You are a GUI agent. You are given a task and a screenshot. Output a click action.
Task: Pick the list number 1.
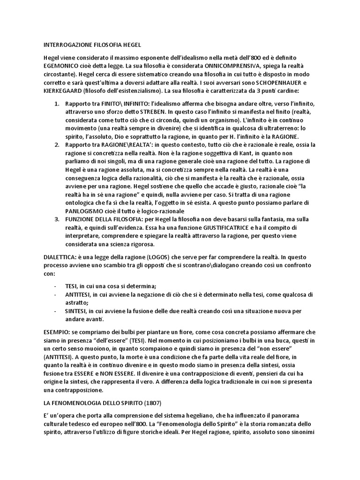pyautogui.click(x=57, y=104)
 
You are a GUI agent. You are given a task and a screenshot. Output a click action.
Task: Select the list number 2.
pyautogui.click(x=57, y=145)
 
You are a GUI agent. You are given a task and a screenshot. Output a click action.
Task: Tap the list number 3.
pyautogui.click(x=57, y=219)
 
